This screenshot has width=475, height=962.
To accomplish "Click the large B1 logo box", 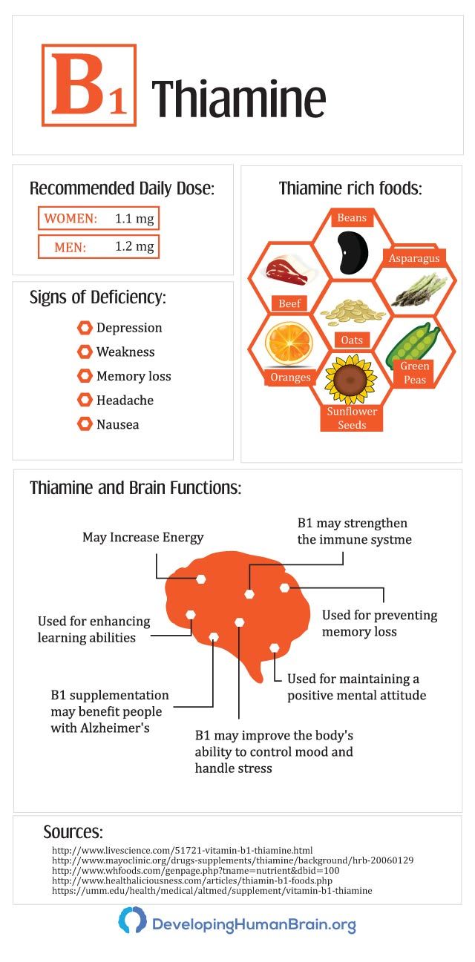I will point(89,85).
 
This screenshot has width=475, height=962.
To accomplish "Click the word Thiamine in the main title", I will point(238,99).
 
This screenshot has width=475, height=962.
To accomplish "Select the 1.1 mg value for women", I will point(134,219).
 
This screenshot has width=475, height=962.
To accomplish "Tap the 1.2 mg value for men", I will point(134,247).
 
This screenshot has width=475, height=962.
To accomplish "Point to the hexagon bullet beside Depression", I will point(85,328).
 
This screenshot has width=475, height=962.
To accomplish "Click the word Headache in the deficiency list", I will point(125,401).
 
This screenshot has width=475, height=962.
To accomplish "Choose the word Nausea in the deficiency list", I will point(117,425).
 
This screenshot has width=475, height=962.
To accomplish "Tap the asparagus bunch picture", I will point(419,290).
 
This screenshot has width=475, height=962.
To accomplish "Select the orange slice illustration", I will point(284,343).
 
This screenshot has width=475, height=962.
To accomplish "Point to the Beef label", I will point(288,303).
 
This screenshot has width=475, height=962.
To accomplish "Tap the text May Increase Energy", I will point(142,537).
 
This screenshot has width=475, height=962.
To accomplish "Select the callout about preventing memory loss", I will point(379,623).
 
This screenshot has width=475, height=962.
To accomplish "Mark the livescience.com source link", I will point(182,850).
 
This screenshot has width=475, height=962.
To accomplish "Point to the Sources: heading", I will point(73,831).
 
